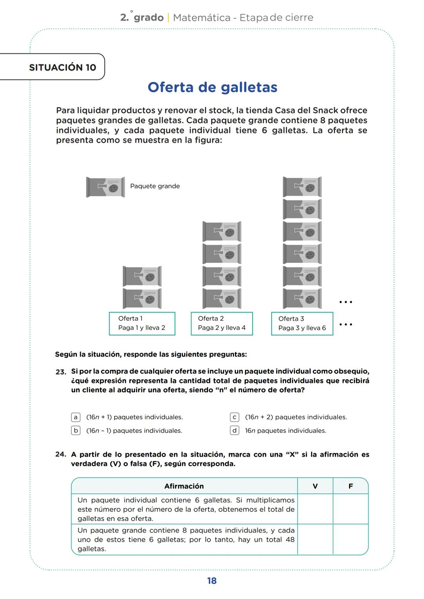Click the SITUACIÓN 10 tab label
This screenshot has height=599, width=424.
tap(62, 67)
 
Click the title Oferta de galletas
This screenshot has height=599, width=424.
tap(212, 87)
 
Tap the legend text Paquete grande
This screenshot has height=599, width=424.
tap(155, 186)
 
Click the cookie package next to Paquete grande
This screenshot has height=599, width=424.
tap(106, 187)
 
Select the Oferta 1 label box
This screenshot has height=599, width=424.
tap(142, 324)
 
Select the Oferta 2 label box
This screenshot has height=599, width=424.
tap(222, 324)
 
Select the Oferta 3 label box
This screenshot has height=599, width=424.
tap(302, 324)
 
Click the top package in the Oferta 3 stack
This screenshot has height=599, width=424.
tap(302, 187)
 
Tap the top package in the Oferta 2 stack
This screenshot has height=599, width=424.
tap(222, 231)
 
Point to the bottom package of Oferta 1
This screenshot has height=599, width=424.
tap(142, 299)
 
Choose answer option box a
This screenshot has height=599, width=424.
tap(76, 417)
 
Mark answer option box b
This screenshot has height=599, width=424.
tap(76, 431)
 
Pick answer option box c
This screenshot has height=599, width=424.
tap(234, 417)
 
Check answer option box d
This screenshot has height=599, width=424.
tap(234, 431)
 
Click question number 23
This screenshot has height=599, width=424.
tap(60, 372)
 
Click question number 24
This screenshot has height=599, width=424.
tap(60, 454)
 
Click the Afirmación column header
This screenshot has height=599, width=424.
tap(184, 486)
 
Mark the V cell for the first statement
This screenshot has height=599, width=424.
tap(315, 509)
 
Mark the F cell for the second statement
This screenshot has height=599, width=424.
tap(350, 539)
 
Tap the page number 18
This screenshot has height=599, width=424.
tap(212, 581)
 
